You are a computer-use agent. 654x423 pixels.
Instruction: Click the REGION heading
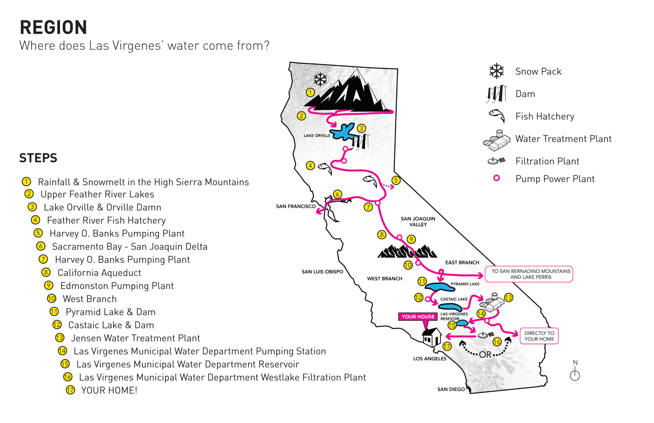click(53, 28)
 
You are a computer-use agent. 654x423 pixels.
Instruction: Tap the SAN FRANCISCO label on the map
click(295, 207)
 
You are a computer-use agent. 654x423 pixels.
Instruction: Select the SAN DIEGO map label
click(451, 389)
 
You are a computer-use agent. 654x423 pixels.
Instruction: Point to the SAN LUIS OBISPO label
click(322, 272)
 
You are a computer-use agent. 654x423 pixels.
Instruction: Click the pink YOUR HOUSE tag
click(418, 316)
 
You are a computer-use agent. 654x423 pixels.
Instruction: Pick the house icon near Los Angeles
click(432, 337)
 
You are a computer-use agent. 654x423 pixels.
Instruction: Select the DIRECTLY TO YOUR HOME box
click(539, 336)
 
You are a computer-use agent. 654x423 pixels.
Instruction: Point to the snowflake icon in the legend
click(496, 71)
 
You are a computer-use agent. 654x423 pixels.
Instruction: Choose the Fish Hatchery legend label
click(545, 117)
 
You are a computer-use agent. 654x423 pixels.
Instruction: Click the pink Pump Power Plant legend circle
click(497, 178)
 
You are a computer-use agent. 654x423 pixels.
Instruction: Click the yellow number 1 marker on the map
click(310, 92)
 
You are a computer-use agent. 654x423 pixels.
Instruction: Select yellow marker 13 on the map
click(509, 298)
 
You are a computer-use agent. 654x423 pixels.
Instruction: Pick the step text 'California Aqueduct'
click(99, 273)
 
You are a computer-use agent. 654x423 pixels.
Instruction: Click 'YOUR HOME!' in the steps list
click(109, 390)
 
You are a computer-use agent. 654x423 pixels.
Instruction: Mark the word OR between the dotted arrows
click(485, 355)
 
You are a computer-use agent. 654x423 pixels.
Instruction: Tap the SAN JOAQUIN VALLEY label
click(418, 221)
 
